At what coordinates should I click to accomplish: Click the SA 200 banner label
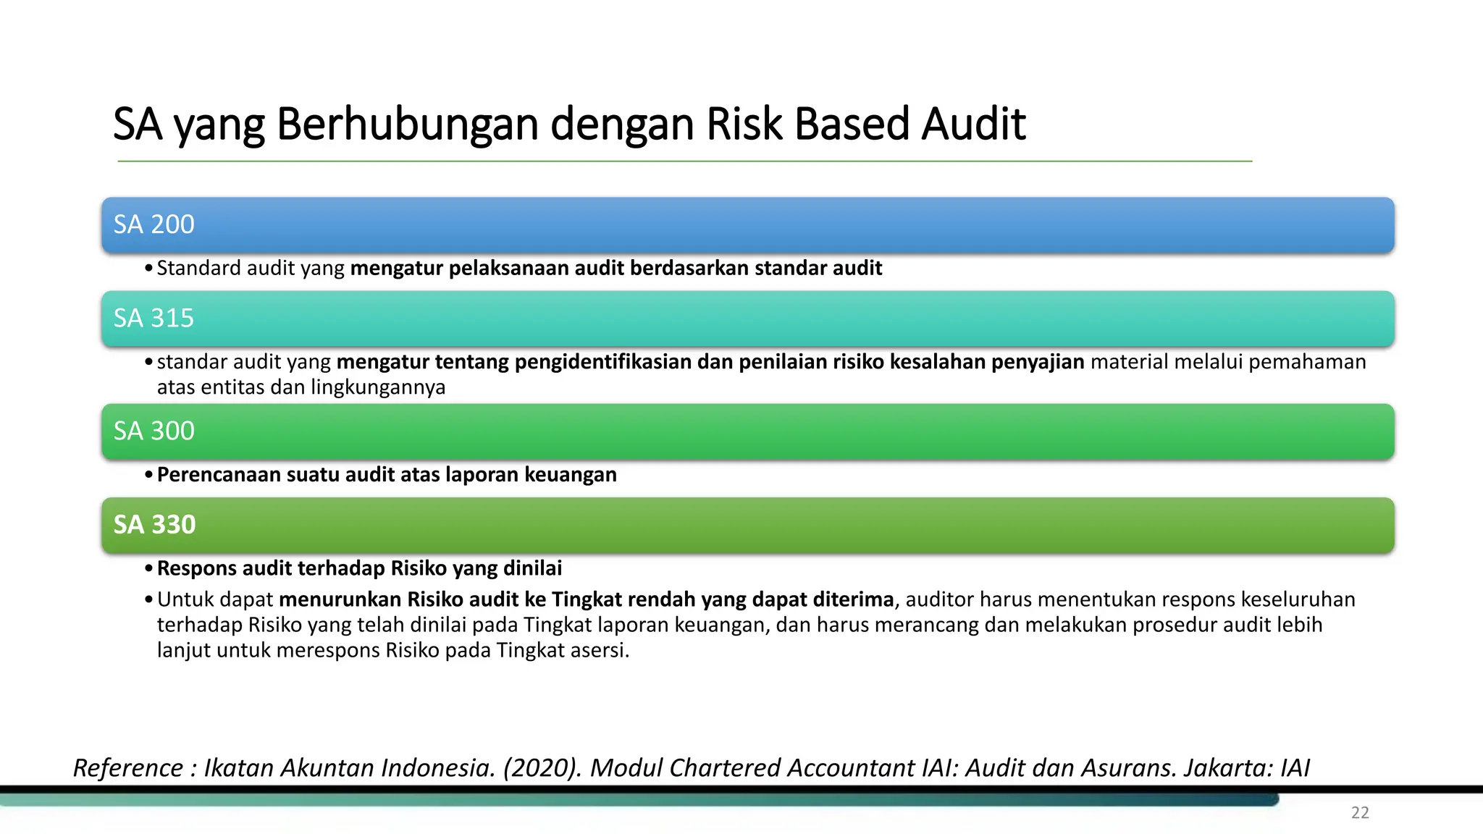154,224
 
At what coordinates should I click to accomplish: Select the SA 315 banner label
154,318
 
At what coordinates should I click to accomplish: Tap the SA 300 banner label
154,431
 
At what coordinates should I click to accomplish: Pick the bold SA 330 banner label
154,524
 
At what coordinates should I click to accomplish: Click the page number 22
1360,812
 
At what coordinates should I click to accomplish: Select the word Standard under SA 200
198,268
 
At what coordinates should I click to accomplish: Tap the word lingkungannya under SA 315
378,387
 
